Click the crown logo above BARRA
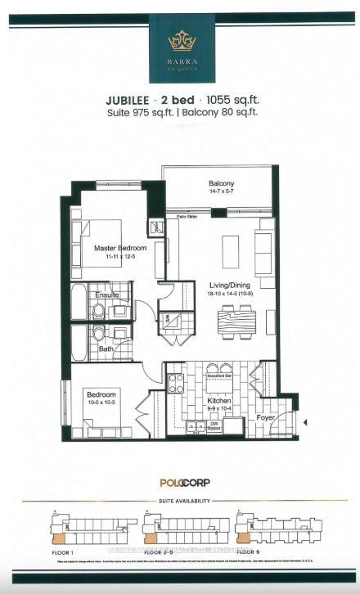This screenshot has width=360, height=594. [x=179, y=38]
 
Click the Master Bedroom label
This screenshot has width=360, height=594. [x=119, y=248]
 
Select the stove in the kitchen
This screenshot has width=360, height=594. [x=176, y=382]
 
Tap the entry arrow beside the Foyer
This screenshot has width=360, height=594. [x=304, y=423]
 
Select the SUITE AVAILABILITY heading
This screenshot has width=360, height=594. [x=180, y=500]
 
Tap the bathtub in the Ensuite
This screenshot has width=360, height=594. [x=79, y=301]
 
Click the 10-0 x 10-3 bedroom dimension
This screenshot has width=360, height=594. [x=103, y=402]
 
